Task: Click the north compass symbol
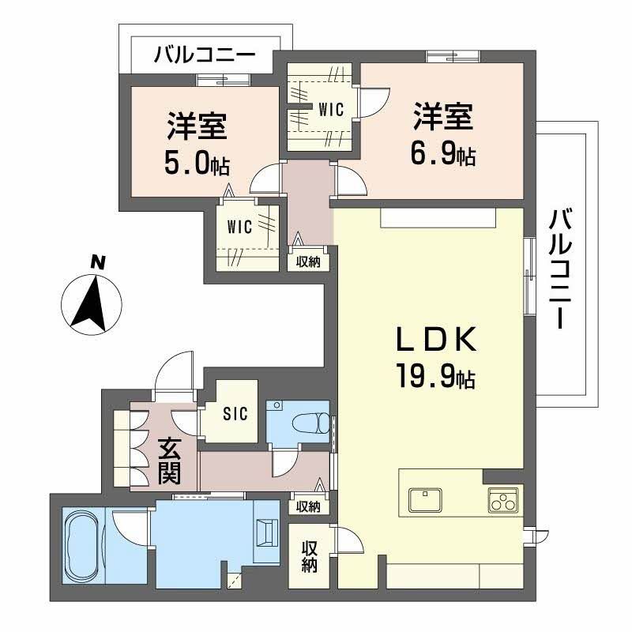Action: pos(92,299)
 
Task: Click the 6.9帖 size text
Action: pos(442,155)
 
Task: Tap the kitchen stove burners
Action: pos(502,500)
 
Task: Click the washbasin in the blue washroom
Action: pos(267,532)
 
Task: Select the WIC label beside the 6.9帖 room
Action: pos(331,110)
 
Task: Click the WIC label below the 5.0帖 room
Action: pos(239,228)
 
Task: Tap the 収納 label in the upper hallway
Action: pos(308,262)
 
